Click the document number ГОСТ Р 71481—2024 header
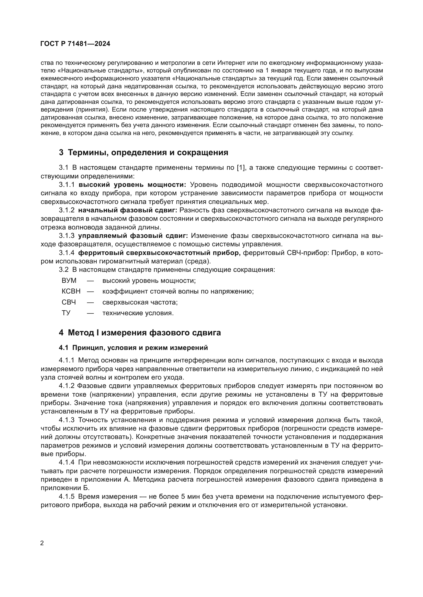[x=75, y=44]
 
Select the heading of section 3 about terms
[x=143, y=152]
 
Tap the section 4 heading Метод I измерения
[x=140, y=333]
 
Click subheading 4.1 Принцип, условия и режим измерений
[x=133, y=348]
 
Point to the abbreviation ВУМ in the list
[x=69, y=281]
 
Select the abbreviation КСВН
[x=71, y=291]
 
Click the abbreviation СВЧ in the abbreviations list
[x=69, y=302]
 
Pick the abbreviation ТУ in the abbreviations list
[x=66, y=313]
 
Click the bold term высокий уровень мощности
[x=132, y=185]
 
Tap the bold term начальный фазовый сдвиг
[x=128, y=210]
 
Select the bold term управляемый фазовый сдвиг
[x=133, y=236]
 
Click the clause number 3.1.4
[x=66, y=253]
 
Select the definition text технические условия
[x=138, y=313]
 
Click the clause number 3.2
[x=64, y=270]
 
